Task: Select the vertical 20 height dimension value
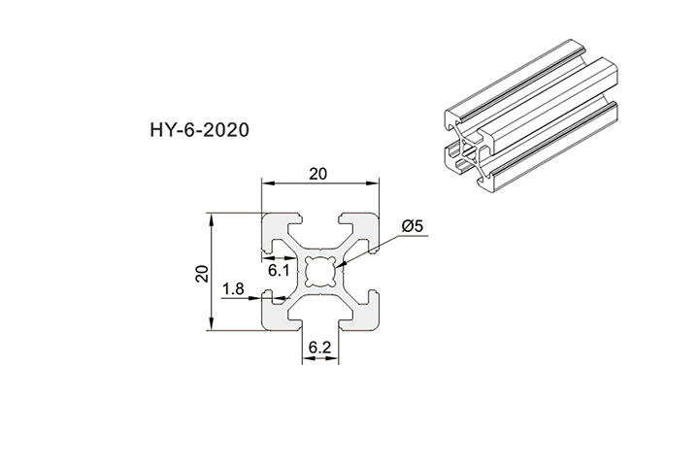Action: pos(200,273)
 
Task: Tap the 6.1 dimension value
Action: pos(279,271)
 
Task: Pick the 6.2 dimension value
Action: pos(320,347)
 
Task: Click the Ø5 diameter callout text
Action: pos(412,226)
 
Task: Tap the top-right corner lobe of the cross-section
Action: pos(361,232)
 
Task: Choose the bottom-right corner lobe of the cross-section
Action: pos(361,314)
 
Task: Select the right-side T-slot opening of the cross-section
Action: pos(373,273)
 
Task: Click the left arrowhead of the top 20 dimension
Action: pos(265,183)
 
